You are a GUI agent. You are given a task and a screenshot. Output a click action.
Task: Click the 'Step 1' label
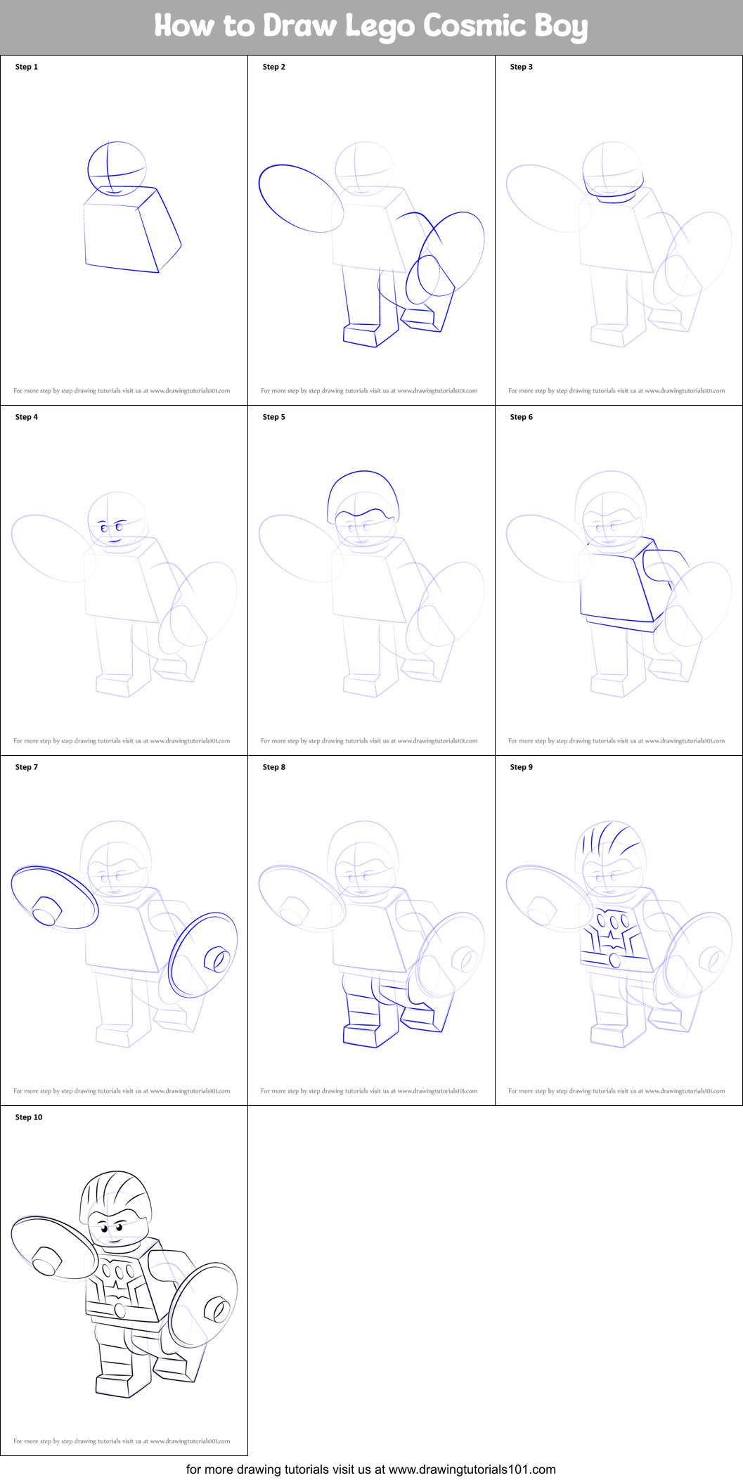pyautogui.click(x=27, y=67)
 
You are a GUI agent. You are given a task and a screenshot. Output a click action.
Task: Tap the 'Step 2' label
pyautogui.click(x=274, y=67)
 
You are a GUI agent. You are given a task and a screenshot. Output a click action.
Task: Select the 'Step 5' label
pyautogui.click(x=274, y=417)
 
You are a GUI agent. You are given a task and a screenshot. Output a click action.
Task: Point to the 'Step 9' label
pyautogui.click(x=522, y=767)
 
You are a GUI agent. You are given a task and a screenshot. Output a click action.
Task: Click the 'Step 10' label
pyautogui.click(x=29, y=1117)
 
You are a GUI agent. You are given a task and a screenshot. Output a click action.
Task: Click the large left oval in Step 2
pyautogui.click(x=301, y=198)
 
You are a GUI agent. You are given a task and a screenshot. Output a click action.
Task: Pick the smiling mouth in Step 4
pyautogui.click(x=115, y=541)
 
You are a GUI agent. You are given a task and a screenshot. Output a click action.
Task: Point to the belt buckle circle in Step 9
pyautogui.click(x=614, y=960)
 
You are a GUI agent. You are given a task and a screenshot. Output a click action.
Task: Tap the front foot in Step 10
pyautogui.click(x=114, y=1385)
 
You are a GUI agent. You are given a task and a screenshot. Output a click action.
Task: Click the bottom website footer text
pyautogui.click(x=371, y=1469)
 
